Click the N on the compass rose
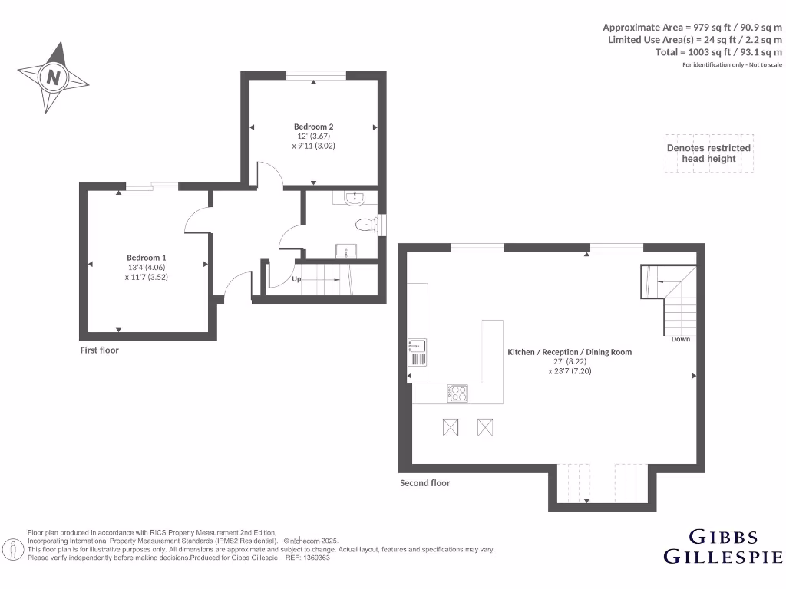pos(54,77)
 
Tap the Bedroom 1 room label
pos(146,258)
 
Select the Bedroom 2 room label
pos(313,127)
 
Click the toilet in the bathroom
pos(366,225)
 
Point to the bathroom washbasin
pos(355,199)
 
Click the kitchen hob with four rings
pos(457,393)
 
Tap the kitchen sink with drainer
pos(417,354)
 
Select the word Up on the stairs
pos(296,279)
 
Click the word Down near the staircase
pos(680,339)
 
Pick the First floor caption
pos(100,350)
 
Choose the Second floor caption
pos(424,483)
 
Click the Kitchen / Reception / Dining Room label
pos(569,352)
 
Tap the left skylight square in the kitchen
pos(451,428)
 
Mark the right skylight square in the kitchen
pos(486,428)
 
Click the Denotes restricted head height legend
pos(708,153)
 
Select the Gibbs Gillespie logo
pos(722,546)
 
